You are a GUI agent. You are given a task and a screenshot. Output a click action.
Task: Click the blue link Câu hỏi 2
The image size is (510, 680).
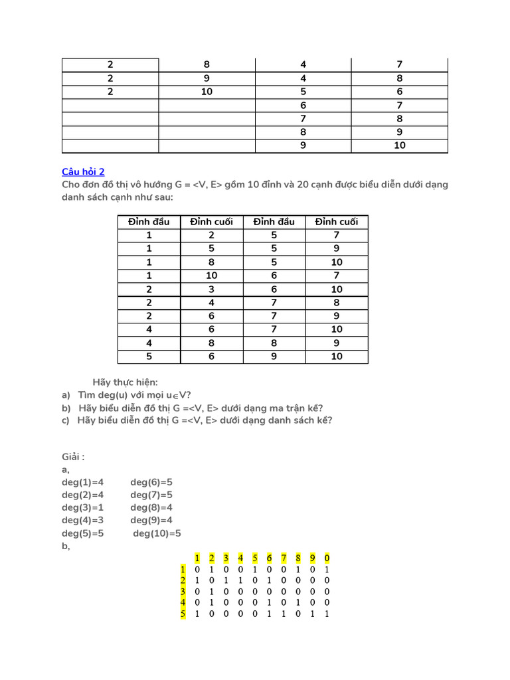pos(83,171)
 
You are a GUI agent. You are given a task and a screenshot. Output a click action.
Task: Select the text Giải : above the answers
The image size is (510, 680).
pos(73,457)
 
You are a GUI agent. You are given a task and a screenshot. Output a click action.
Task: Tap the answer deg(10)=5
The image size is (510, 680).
pos(157,533)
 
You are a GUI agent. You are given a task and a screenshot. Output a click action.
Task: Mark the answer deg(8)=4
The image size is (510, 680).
pos(151,507)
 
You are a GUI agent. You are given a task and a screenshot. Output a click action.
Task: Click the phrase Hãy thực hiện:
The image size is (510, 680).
pos(125,382)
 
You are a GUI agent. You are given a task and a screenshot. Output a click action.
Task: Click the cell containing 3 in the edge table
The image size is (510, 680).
pos(211,289)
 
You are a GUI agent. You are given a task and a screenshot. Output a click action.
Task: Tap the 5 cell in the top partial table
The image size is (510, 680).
pos(303,92)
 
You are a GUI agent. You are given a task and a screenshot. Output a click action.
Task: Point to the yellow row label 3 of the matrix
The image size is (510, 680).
pos(182,591)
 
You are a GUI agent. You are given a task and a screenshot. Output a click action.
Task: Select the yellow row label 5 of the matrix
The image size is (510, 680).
pos(182,614)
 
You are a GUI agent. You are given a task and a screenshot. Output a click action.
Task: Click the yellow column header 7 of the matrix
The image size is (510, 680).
pos(284,558)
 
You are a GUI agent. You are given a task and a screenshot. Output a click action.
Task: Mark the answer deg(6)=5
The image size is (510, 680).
pos(151,482)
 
